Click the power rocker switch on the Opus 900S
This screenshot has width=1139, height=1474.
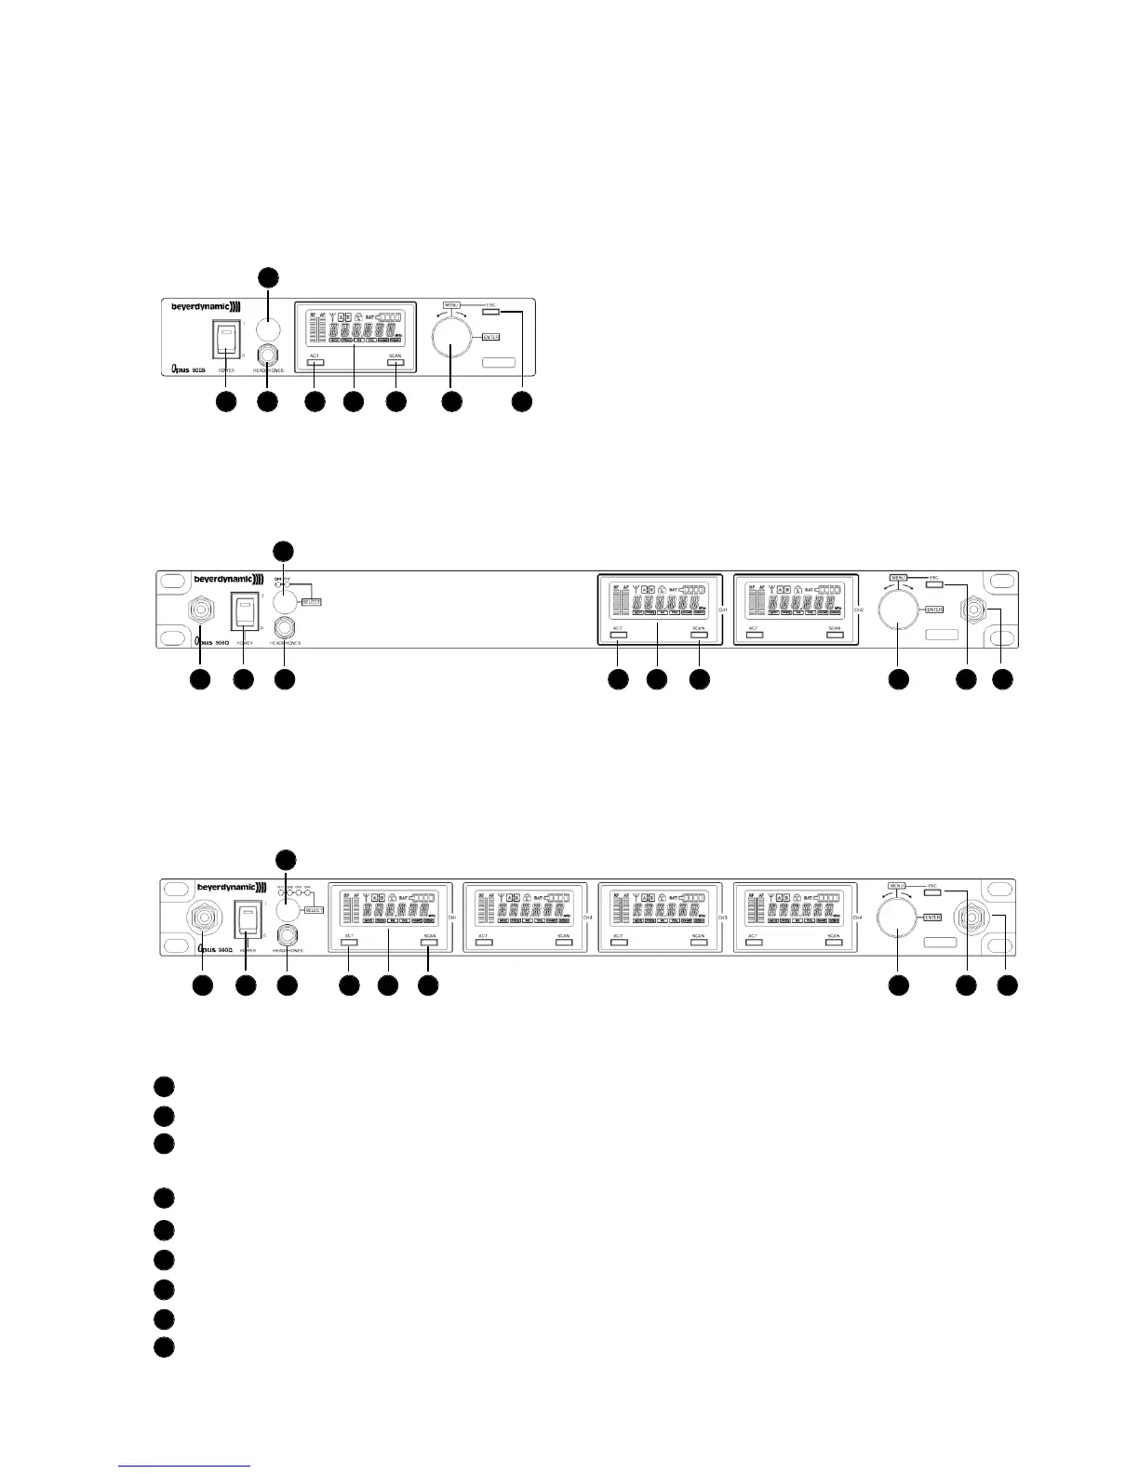point(225,340)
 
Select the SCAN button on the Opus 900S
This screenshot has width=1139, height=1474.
point(395,362)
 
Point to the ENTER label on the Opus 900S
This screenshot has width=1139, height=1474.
point(491,337)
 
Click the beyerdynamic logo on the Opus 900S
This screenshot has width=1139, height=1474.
point(205,305)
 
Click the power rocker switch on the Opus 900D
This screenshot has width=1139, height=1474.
point(243,613)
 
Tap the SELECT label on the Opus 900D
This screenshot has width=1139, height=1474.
point(311,602)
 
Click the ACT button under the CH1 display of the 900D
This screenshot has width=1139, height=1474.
point(618,635)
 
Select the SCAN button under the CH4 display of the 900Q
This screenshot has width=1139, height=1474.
point(834,942)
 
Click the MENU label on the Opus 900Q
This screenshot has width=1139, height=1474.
point(898,885)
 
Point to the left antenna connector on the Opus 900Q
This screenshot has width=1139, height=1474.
point(203,919)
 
